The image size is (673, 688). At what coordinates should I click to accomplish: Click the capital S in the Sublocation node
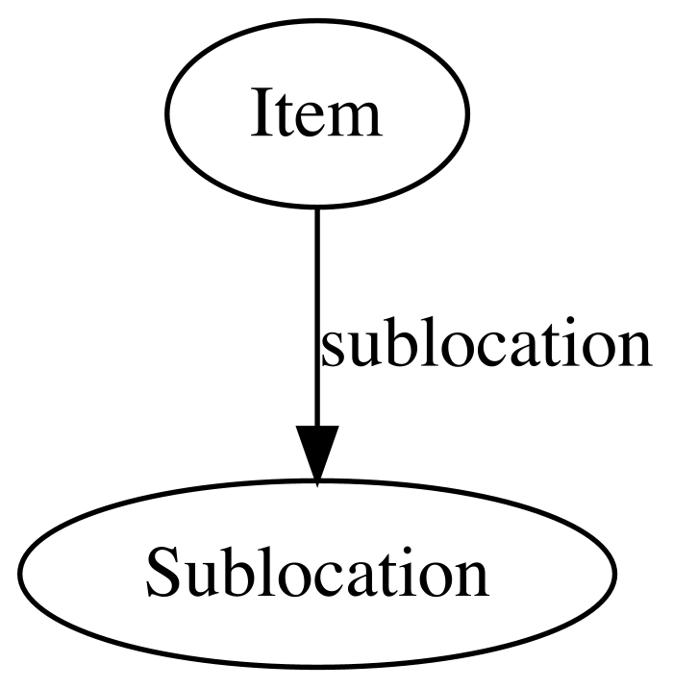pyautogui.click(x=163, y=573)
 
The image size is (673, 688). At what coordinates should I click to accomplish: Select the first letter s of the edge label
pyautogui.click(x=334, y=350)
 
